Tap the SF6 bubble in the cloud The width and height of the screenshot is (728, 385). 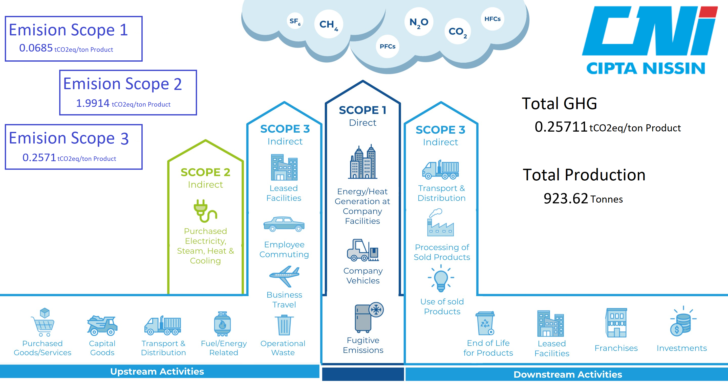(295, 21)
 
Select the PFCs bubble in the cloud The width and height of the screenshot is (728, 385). (388, 46)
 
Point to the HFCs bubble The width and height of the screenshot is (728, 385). (492, 19)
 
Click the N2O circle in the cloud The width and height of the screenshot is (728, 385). (419, 22)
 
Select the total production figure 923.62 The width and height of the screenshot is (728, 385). (566, 198)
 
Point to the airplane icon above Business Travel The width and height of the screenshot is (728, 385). (284, 276)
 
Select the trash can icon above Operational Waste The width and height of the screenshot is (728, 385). (284, 325)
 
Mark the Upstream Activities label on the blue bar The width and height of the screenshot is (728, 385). (157, 371)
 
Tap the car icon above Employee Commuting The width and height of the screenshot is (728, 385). (284, 224)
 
